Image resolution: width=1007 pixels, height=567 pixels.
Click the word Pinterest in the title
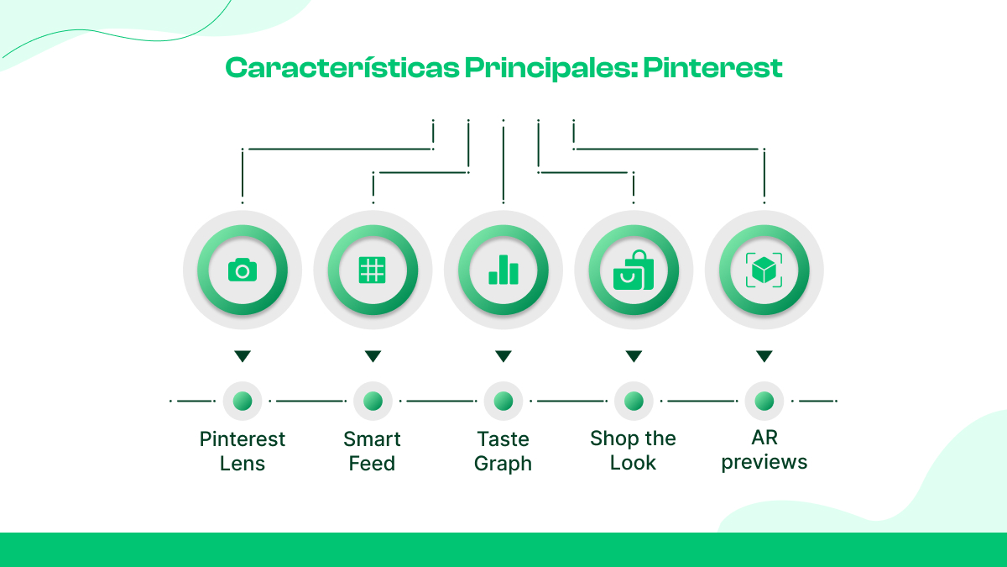coord(712,68)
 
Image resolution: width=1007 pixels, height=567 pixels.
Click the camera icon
coord(243,270)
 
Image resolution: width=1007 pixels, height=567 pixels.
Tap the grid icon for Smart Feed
coord(373,270)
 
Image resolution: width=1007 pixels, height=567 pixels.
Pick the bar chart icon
coord(503,270)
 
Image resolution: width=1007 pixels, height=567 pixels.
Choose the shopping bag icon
coord(634,270)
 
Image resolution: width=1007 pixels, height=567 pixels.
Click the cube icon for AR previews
coord(764,270)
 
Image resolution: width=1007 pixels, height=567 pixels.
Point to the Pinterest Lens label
coord(243,451)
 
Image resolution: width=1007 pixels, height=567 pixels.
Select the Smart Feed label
coord(373,451)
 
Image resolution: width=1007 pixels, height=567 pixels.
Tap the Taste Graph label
coord(503,451)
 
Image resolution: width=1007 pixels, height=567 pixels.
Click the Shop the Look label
coord(634,451)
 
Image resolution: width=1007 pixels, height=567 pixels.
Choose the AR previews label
coord(764,450)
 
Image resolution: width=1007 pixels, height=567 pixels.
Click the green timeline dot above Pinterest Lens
coord(243,402)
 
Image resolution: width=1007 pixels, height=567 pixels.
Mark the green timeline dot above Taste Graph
coord(503,402)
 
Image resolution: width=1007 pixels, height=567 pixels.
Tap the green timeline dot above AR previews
coord(764,402)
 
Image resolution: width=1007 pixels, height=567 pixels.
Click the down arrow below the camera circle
coord(243,357)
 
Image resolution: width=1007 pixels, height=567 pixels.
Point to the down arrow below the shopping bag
coord(634,357)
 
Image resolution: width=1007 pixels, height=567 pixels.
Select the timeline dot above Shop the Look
coord(634,402)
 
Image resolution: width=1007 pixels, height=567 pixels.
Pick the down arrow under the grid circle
coord(373,357)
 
